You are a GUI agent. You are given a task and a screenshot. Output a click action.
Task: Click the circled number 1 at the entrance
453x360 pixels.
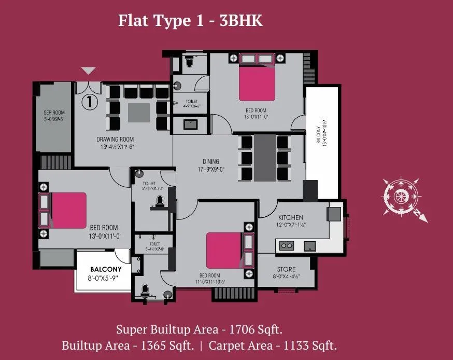[x=89, y=101]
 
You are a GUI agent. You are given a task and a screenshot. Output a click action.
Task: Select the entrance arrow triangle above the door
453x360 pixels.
[x=89, y=71]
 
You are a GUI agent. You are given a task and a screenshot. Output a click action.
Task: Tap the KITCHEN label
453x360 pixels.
[x=290, y=217]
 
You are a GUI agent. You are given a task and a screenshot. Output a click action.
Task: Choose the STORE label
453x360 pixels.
[x=286, y=269]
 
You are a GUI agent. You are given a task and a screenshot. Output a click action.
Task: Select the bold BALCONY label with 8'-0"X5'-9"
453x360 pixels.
[x=106, y=269]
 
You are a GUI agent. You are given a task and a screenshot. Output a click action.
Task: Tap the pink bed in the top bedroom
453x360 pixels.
[x=258, y=84]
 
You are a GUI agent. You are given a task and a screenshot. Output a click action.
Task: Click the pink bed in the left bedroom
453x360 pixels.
[x=68, y=210]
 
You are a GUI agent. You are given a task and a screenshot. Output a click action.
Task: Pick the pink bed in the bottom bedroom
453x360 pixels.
[x=224, y=251]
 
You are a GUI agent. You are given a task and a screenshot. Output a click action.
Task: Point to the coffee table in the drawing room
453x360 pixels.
[x=138, y=112]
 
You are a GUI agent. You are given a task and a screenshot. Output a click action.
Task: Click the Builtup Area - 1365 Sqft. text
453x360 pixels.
[x=128, y=345]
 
